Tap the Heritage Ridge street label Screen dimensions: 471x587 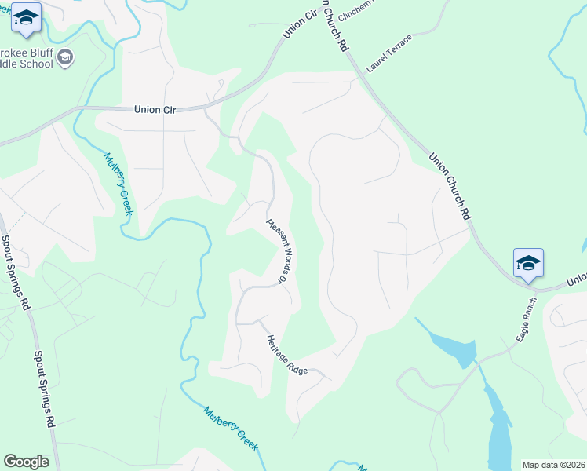286,354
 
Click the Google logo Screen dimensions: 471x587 26,462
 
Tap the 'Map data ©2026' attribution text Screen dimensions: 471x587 553,465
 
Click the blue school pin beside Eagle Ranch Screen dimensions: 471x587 528,263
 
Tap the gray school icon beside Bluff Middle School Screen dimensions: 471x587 66,57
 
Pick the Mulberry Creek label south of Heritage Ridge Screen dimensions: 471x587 231,428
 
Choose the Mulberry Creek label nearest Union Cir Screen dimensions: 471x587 117,182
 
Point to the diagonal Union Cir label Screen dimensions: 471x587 294,25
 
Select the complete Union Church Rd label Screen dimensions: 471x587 450,185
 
